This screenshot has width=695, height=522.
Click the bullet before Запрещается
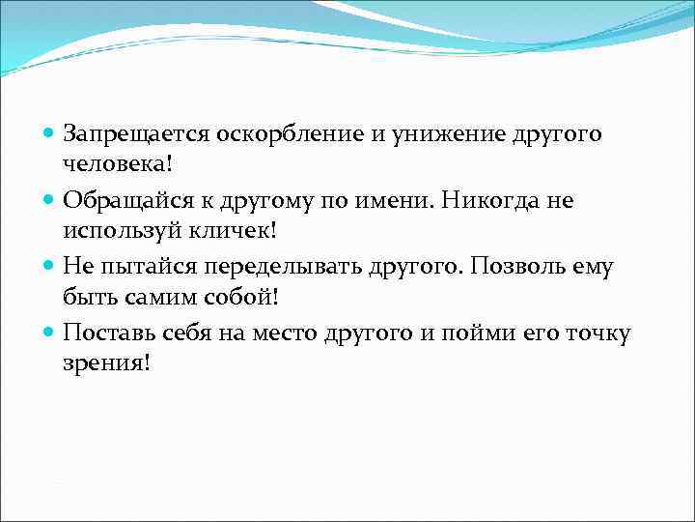coord(49,134)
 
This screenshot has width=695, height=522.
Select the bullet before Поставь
coord(49,333)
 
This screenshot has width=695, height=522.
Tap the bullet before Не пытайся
coord(49,267)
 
